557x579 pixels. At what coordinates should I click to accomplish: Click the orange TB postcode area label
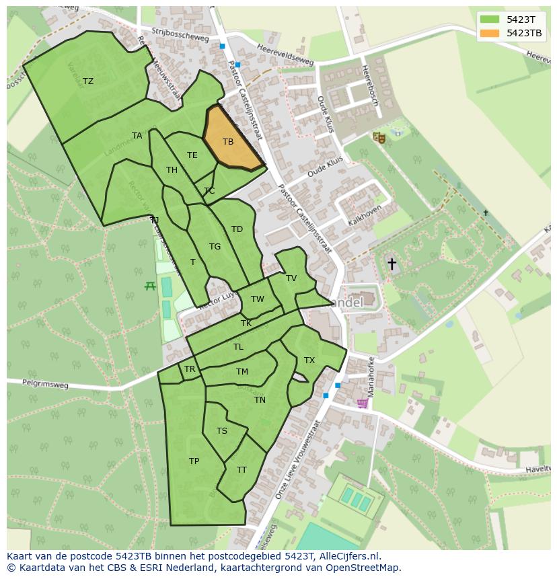[228, 142]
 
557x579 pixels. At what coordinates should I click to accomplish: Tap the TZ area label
[88, 81]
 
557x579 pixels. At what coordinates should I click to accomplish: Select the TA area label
[137, 136]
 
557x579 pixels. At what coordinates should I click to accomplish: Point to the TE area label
[192, 155]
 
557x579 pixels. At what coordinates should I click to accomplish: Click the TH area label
[172, 170]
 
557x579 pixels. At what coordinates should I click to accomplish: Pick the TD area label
[237, 229]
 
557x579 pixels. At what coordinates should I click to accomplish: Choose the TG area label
[215, 247]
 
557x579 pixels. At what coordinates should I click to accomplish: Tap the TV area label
[291, 278]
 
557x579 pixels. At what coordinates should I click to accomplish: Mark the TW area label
[258, 299]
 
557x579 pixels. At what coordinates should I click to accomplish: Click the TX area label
[309, 360]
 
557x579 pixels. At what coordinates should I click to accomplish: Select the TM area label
[242, 372]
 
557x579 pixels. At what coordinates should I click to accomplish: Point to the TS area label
[222, 431]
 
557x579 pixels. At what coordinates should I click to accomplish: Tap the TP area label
[194, 461]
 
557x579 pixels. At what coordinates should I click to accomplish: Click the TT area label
[242, 470]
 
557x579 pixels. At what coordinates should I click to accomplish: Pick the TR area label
[190, 369]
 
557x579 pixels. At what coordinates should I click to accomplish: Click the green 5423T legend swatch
[490, 20]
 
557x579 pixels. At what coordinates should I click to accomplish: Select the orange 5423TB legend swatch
[490, 33]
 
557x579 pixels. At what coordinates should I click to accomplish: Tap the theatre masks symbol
[379, 137]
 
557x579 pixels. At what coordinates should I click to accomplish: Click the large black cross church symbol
[392, 264]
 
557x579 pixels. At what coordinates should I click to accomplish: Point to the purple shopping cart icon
[363, 403]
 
